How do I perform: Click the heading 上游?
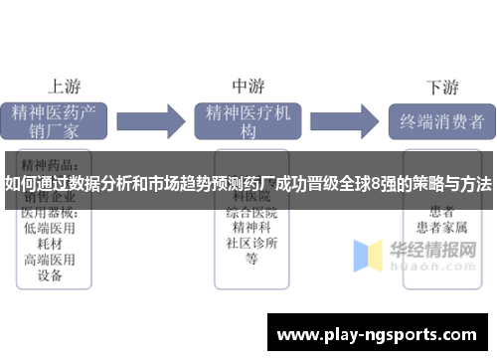pos(66,86)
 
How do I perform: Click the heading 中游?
pos(248,86)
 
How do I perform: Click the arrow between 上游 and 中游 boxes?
pos(154,122)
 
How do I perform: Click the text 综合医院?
pos(250,213)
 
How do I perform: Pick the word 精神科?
pos(250,228)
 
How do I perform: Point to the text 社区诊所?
pos(250,244)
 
